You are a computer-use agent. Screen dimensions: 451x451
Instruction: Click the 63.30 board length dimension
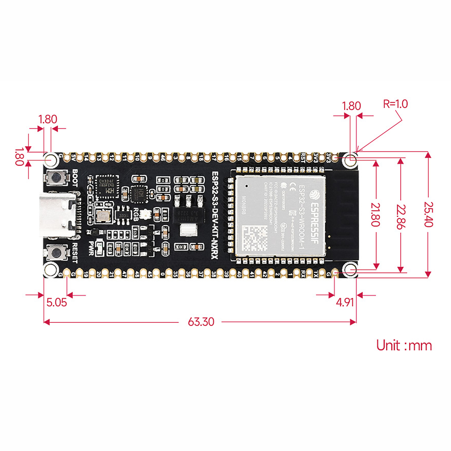coord(201,322)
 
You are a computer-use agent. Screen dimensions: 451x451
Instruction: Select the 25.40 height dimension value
coord(428,215)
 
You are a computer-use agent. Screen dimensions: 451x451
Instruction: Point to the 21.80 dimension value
coord(375,215)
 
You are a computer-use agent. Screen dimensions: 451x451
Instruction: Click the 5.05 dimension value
coord(56,302)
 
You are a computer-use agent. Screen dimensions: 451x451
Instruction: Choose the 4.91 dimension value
coord(345,302)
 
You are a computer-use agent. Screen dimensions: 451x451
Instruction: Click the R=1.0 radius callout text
coord(395,104)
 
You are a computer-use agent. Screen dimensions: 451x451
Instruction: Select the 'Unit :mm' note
coord(404,345)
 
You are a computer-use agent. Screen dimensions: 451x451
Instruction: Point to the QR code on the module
coord(254,238)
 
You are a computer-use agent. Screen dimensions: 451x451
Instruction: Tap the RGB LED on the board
coord(145,215)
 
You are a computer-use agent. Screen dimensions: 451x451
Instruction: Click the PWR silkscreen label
coord(91,248)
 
